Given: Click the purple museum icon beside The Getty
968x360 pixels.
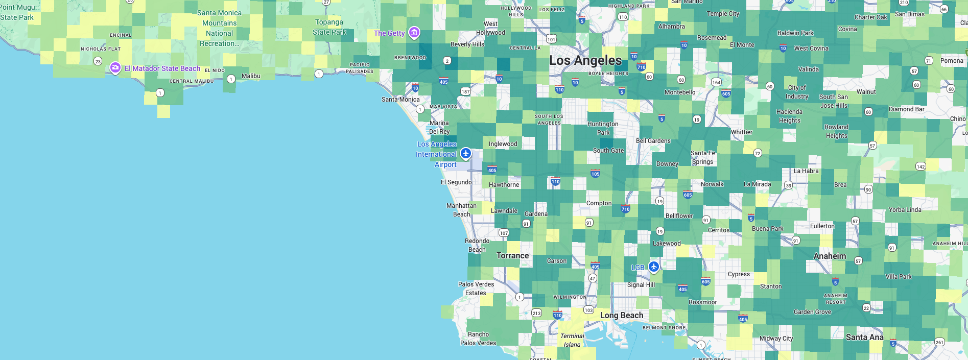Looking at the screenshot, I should click(x=414, y=33).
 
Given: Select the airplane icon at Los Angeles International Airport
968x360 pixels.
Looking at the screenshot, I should click(x=465, y=153).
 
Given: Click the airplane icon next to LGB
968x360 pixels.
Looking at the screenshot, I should click(x=654, y=266).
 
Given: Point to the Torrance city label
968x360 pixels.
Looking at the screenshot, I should click(x=512, y=256).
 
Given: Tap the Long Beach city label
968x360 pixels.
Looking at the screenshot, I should click(x=621, y=316).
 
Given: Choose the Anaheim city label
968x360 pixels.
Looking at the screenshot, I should click(x=830, y=256).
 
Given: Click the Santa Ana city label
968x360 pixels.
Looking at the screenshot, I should click(x=864, y=337).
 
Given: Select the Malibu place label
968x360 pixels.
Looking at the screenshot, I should click(x=251, y=76).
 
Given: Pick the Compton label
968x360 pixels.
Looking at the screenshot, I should click(x=599, y=203).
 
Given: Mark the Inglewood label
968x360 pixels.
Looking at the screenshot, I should click(x=503, y=144).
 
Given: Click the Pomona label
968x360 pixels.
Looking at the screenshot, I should click(x=952, y=61).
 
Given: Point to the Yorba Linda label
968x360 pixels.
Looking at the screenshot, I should click(x=905, y=210).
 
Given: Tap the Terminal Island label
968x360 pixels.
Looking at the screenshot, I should click(x=572, y=340).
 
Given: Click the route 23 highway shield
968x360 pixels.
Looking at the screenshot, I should click(x=98, y=61).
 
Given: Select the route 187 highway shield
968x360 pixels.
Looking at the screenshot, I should click(x=465, y=92).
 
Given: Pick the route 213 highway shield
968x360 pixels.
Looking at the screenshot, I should click(x=536, y=313).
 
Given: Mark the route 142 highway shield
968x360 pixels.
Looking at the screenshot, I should click(x=920, y=166).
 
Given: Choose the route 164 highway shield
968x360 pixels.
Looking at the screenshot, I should click(x=717, y=82).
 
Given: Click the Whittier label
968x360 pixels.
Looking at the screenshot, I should click(x=741, y=132).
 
